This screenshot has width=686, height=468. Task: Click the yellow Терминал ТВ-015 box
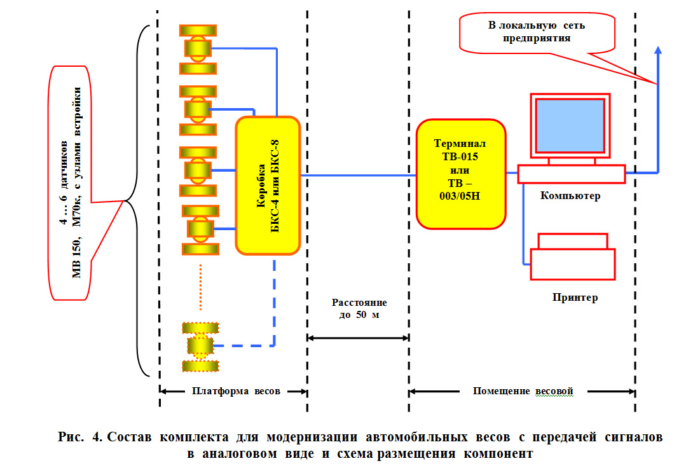click(461, 173)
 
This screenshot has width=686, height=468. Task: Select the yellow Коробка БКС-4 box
click(267, 185)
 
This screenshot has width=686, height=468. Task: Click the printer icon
click(573, 257)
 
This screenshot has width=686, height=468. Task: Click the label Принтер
click(575, 298)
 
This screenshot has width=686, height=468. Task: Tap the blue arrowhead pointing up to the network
click(658, 51)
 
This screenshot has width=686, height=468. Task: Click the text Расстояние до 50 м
click(358, 310)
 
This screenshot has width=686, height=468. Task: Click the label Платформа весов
click(236, 391)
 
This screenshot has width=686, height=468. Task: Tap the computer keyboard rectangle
click(571, 174)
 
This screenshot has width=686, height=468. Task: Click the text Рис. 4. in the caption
click(79, 438)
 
